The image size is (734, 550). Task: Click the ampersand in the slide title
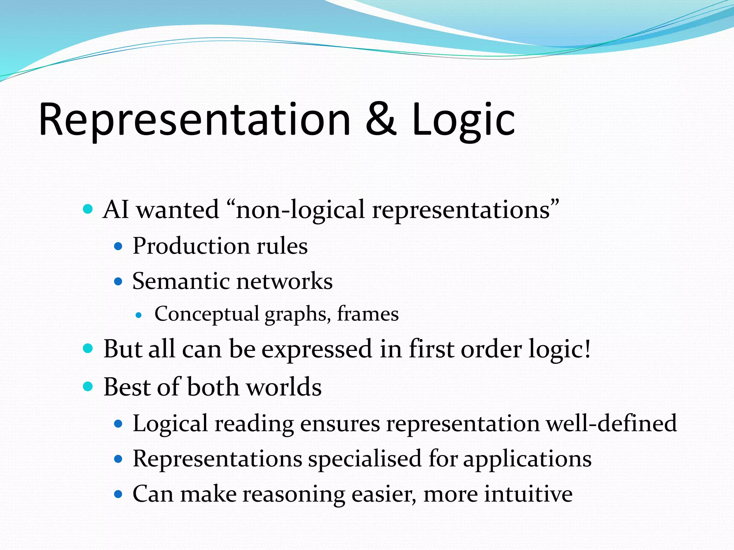tap(381, 120)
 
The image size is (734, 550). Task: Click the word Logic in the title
tap(463, 120)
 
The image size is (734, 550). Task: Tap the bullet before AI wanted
tap(88, 209)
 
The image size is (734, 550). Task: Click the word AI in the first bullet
tap(115, 209)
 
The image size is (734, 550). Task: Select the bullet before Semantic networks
tap(118, 281)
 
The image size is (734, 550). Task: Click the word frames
tap(368, 314)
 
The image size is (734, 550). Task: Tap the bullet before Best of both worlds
tap(88, 386)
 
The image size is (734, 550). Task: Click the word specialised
tap(364, 459)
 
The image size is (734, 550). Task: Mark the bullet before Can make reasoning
tap(118, 494)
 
